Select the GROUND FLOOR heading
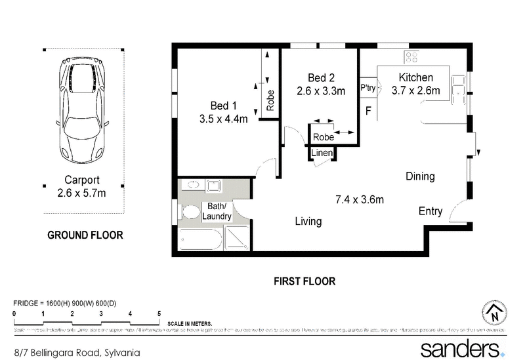point(85,235)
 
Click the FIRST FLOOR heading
point(304,281)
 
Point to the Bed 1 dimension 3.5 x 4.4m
point(223,119)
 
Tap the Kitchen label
point(415,77)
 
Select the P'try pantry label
point(367,87)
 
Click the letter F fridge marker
point(368,111)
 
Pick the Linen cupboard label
point(322,153)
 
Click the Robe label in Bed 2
point(323,137)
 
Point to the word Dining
point(420,176)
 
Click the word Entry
point(430,211)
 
